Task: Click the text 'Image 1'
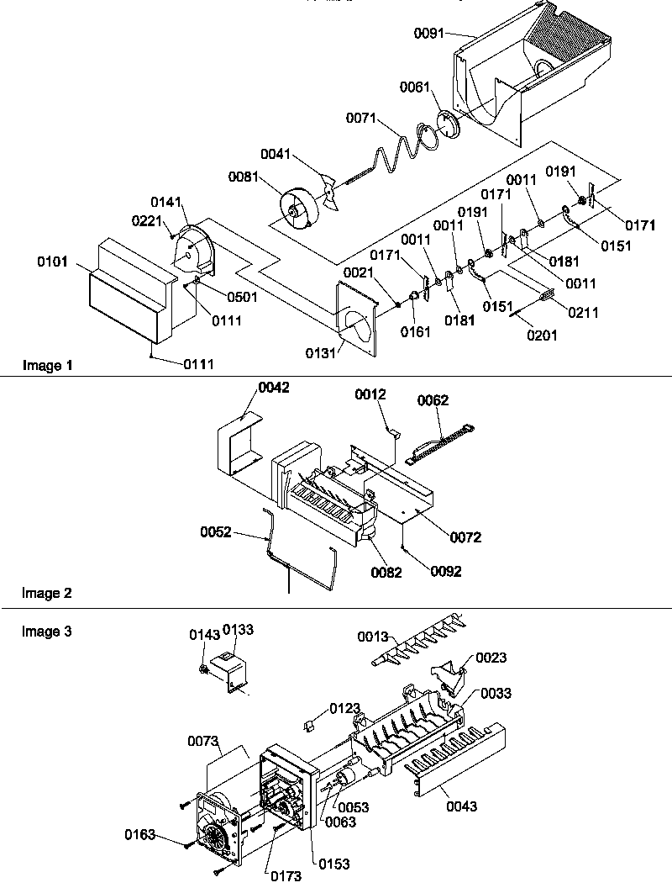42,366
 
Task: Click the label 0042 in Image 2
274,388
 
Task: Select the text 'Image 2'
42,593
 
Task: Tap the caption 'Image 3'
42,631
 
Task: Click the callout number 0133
239,630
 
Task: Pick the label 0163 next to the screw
140,835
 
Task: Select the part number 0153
333,864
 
